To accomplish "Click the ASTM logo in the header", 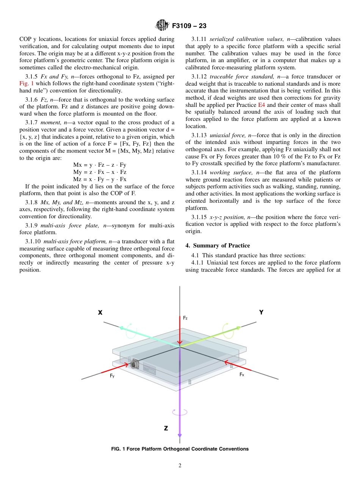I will [162, 26].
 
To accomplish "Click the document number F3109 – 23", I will [189, 26].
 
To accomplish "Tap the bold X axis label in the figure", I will [100, 313].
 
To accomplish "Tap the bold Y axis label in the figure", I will [261, 312].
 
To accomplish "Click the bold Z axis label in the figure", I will [166, 428].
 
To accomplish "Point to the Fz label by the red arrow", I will [185, 318].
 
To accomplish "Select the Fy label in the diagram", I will [112, 376].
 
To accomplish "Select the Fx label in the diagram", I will [242, 374].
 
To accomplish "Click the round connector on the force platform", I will [134, 365].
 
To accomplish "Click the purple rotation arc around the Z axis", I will [179, 412].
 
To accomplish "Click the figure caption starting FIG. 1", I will [180, 449].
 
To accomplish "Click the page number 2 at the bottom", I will [180, 466].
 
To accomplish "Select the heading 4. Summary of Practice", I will [218, 246].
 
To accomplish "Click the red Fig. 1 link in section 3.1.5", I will [27, 83].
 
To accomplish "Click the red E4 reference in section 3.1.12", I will [261, 105].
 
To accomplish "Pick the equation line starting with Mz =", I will [100, 179].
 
